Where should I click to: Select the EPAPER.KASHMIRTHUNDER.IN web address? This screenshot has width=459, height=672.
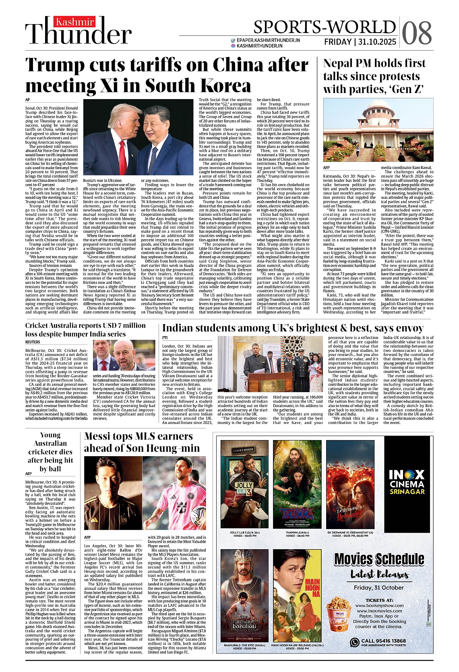click(268, 40)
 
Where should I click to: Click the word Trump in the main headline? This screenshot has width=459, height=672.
click(55, 65)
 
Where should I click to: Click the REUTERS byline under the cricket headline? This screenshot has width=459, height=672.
click(33, 342)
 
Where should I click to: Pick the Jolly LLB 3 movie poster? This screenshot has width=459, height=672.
click(244, 484)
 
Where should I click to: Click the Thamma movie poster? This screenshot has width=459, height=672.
click(297, 484)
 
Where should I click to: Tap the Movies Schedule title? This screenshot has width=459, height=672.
click(379, 559)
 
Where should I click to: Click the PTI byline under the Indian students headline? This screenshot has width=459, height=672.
click(165, 337)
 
